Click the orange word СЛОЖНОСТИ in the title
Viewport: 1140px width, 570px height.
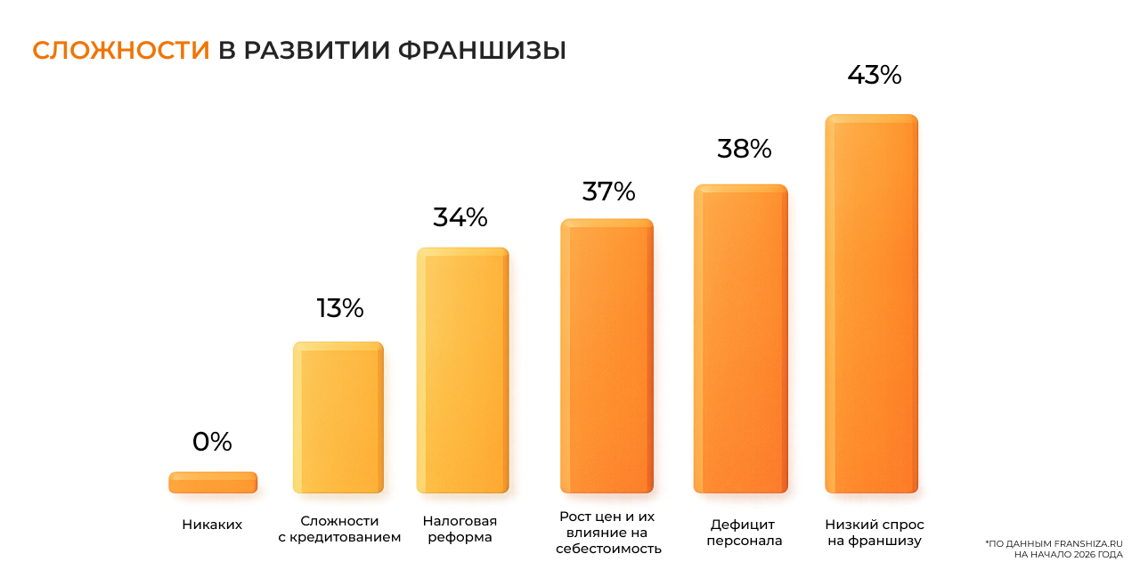tap(121, 50)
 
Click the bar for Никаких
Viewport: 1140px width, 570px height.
tap(213, 483)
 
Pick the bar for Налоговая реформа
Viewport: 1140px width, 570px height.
tap(462, 370)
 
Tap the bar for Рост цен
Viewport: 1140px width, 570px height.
tap(607, 355)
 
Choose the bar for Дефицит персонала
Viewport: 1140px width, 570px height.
tap(740, 338)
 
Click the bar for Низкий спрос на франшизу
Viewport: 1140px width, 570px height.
tap(871, 303)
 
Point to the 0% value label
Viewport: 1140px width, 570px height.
tap(212, 442)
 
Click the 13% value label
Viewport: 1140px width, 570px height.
tap(339, 308)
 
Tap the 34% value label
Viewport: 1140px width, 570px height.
tap(460, 217)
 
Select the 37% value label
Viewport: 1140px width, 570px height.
tap(608, 191)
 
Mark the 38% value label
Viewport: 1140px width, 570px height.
tap(744, 149)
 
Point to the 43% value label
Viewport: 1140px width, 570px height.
tap(874, 76)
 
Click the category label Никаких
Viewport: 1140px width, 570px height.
tap(212, 525)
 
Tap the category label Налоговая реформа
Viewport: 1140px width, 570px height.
tap(460, 529)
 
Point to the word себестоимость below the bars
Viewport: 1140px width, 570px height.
tap(608, 549)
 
